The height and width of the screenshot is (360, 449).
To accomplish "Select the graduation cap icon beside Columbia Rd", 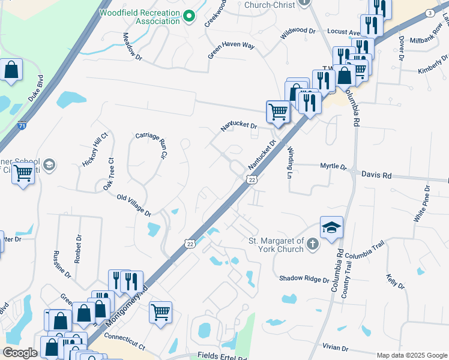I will [x=331, y=228].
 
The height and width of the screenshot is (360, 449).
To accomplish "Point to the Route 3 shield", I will [x=429, y=13].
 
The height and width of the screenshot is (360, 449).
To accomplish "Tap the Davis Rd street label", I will [x=376, y=175].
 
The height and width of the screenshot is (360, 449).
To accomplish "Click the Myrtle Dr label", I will [x=333, y=166].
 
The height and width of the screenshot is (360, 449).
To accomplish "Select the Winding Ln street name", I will [x=290, y=158].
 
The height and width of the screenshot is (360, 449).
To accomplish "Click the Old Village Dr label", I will [x=134, y=205].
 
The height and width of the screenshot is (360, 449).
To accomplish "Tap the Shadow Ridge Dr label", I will [x=304, y=279].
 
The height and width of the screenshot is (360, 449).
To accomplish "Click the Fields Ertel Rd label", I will [x=226, y=356].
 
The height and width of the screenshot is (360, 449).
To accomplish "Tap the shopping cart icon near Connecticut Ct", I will [x=160, y=311].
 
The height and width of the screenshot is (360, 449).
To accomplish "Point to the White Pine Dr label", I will [x=421, y=205].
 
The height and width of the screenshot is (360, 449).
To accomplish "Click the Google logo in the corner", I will [x=20, y=353].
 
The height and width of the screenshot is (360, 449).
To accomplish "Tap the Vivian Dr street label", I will [x=335, y=348].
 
